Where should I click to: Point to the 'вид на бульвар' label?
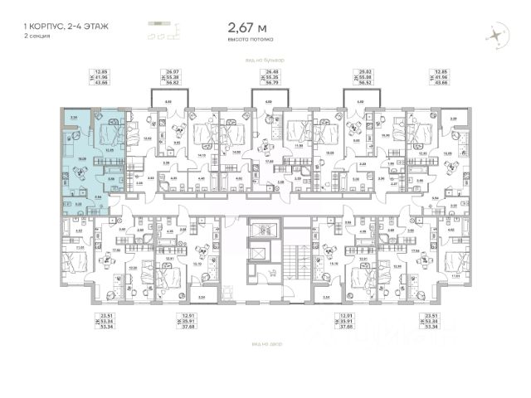click(265, 60)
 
